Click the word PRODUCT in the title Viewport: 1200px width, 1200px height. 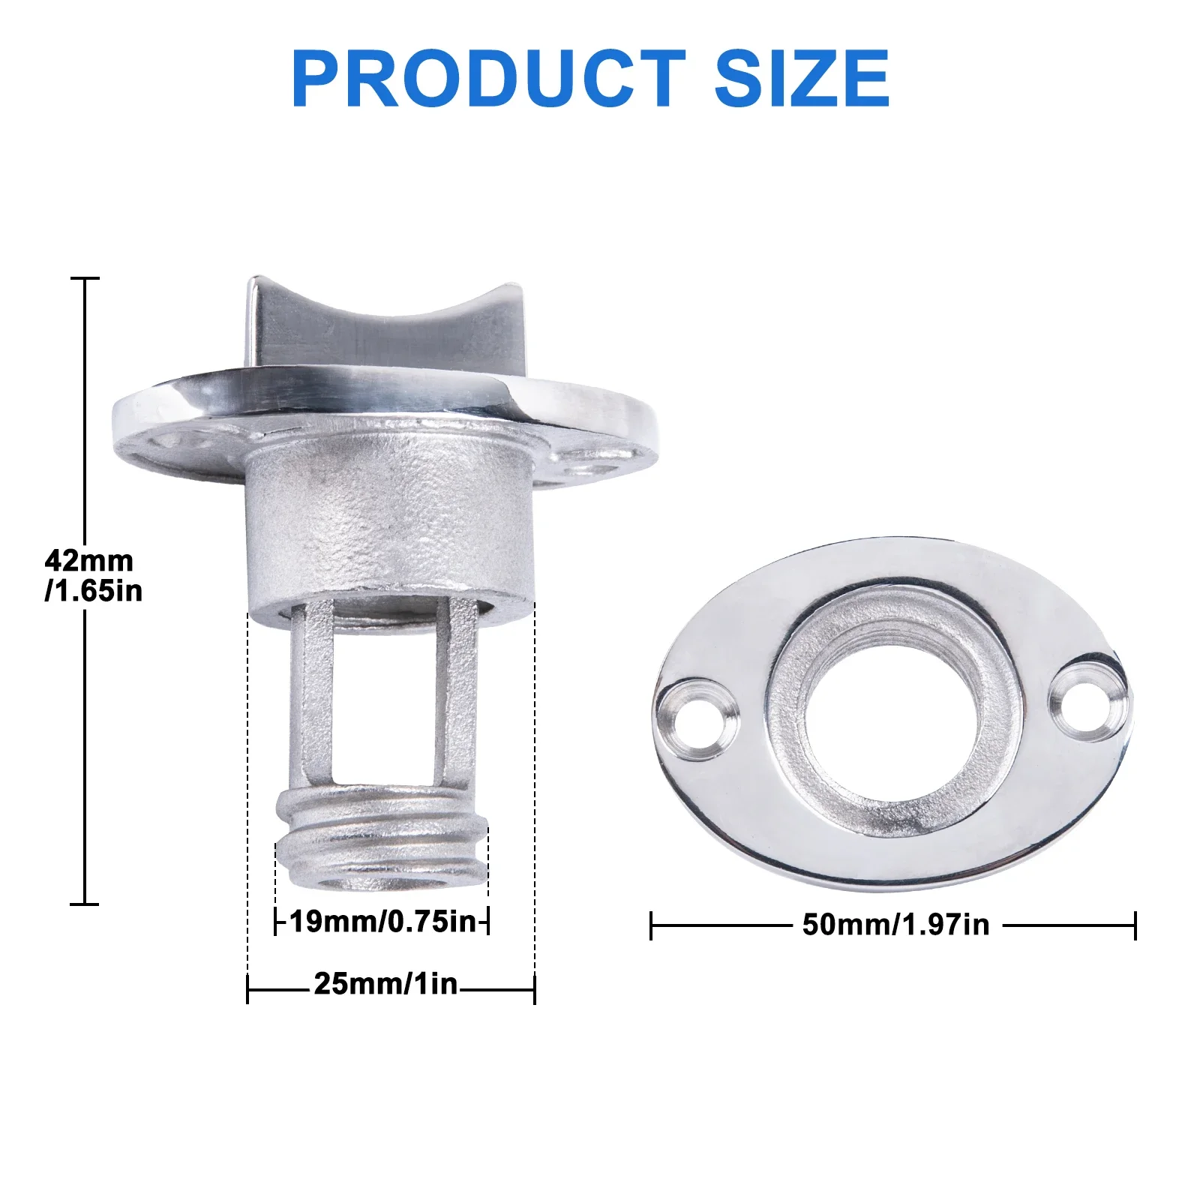488,78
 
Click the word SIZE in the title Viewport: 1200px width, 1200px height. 802,78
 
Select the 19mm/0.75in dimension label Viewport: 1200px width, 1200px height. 383,921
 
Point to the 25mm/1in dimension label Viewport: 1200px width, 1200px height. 385,983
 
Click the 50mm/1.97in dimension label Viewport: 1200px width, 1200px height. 896,924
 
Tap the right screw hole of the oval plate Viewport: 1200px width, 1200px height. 1084,698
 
